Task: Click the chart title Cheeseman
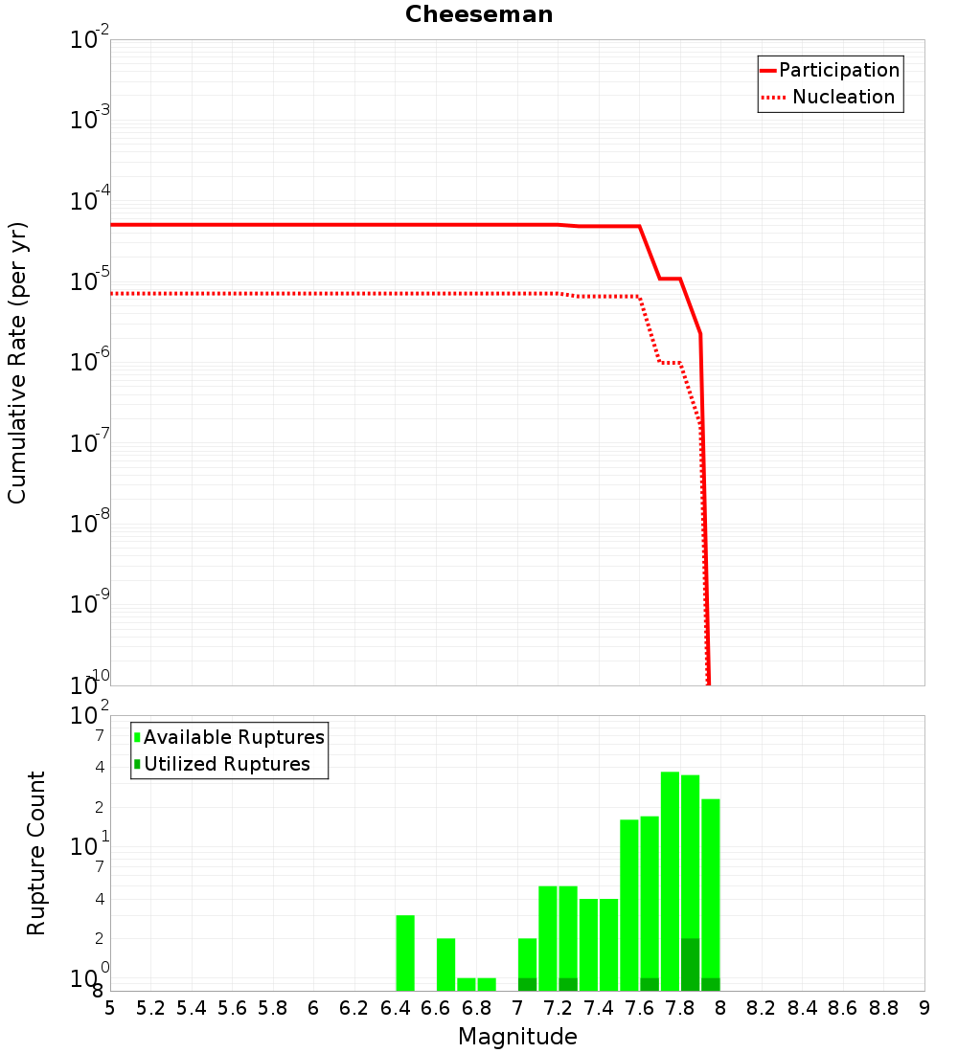[478, 14]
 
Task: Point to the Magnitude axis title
[517, 1037]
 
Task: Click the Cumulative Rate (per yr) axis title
[17, 362]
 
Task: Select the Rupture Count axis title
[36, 853]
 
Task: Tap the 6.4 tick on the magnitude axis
[395, 1008]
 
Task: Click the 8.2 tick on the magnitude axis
[761, 1008]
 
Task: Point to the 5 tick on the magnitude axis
[110, 1008]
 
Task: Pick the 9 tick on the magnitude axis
[924, 1008]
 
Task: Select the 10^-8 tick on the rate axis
[90, 524]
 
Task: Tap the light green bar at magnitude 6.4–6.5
[405, 952]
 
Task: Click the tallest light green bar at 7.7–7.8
[670, 881]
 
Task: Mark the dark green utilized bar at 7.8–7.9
[690, 964]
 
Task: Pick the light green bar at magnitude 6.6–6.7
[445, 964]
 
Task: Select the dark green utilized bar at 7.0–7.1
[527, 984]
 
